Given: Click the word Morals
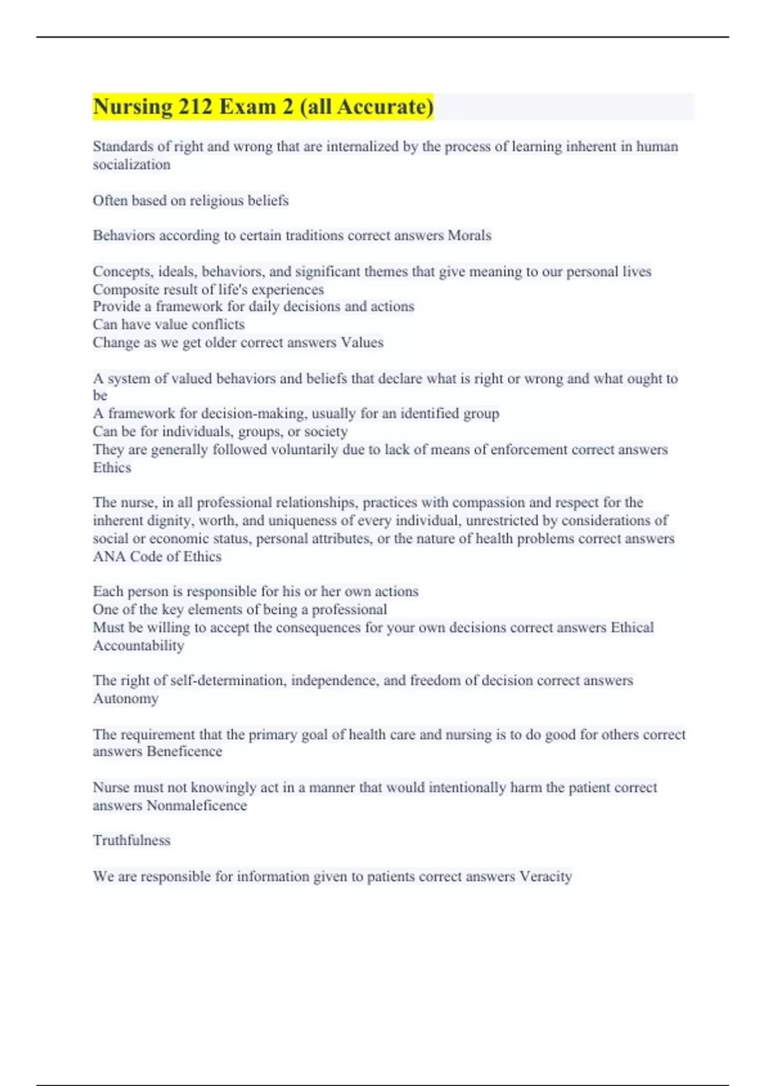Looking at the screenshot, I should coord(469,236).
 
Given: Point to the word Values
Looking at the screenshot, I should coord(362,342).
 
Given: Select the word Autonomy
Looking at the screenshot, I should coord(126,698).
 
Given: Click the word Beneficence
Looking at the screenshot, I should coord(184,751).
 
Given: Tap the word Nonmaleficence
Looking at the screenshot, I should coord(197,806).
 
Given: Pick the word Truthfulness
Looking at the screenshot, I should coord(131,841).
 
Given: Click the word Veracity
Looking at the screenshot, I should coord(546,876).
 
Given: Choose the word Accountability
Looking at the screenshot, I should coord(139,646).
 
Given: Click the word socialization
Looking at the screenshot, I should coord(131,165).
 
